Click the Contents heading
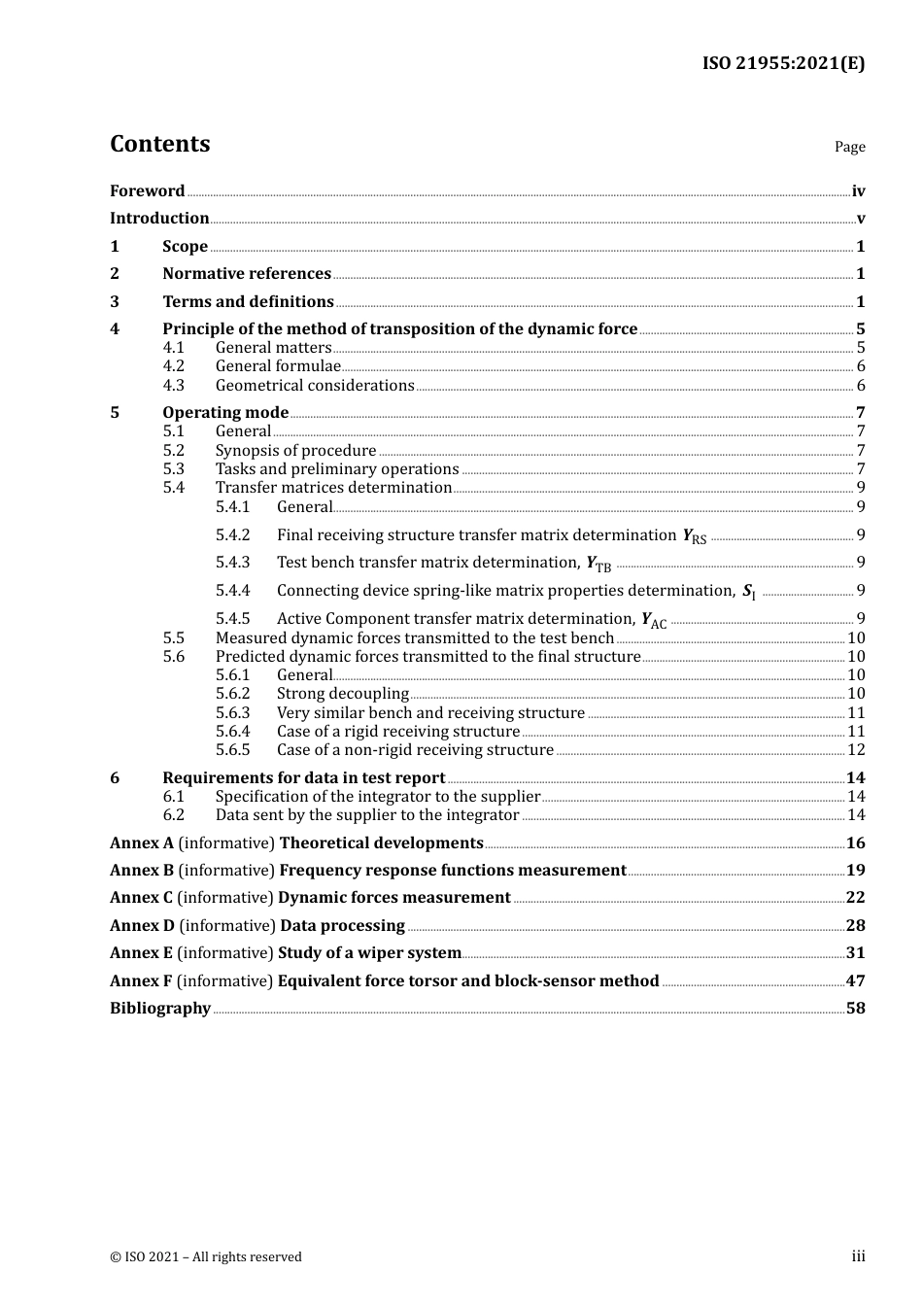point(159,144)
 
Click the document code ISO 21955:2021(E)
point(783,64)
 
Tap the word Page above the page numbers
point(849,147)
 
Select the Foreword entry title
point(147,191)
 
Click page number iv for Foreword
point(858,191)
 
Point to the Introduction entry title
point(159,219)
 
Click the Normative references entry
point(247,274)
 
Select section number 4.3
point(173,386)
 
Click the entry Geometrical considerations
point(315,386)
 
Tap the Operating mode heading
point(225,413)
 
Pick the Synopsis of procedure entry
point(295,451)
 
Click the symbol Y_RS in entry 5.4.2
point(695,536)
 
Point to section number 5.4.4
point(232,591)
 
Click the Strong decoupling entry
point(342,694)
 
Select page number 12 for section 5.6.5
point(856,750)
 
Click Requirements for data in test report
point(303,778)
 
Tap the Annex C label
point(141,898)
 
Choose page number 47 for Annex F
point(855,981)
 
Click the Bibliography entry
point(159,1009)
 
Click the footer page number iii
point(858,1256)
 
